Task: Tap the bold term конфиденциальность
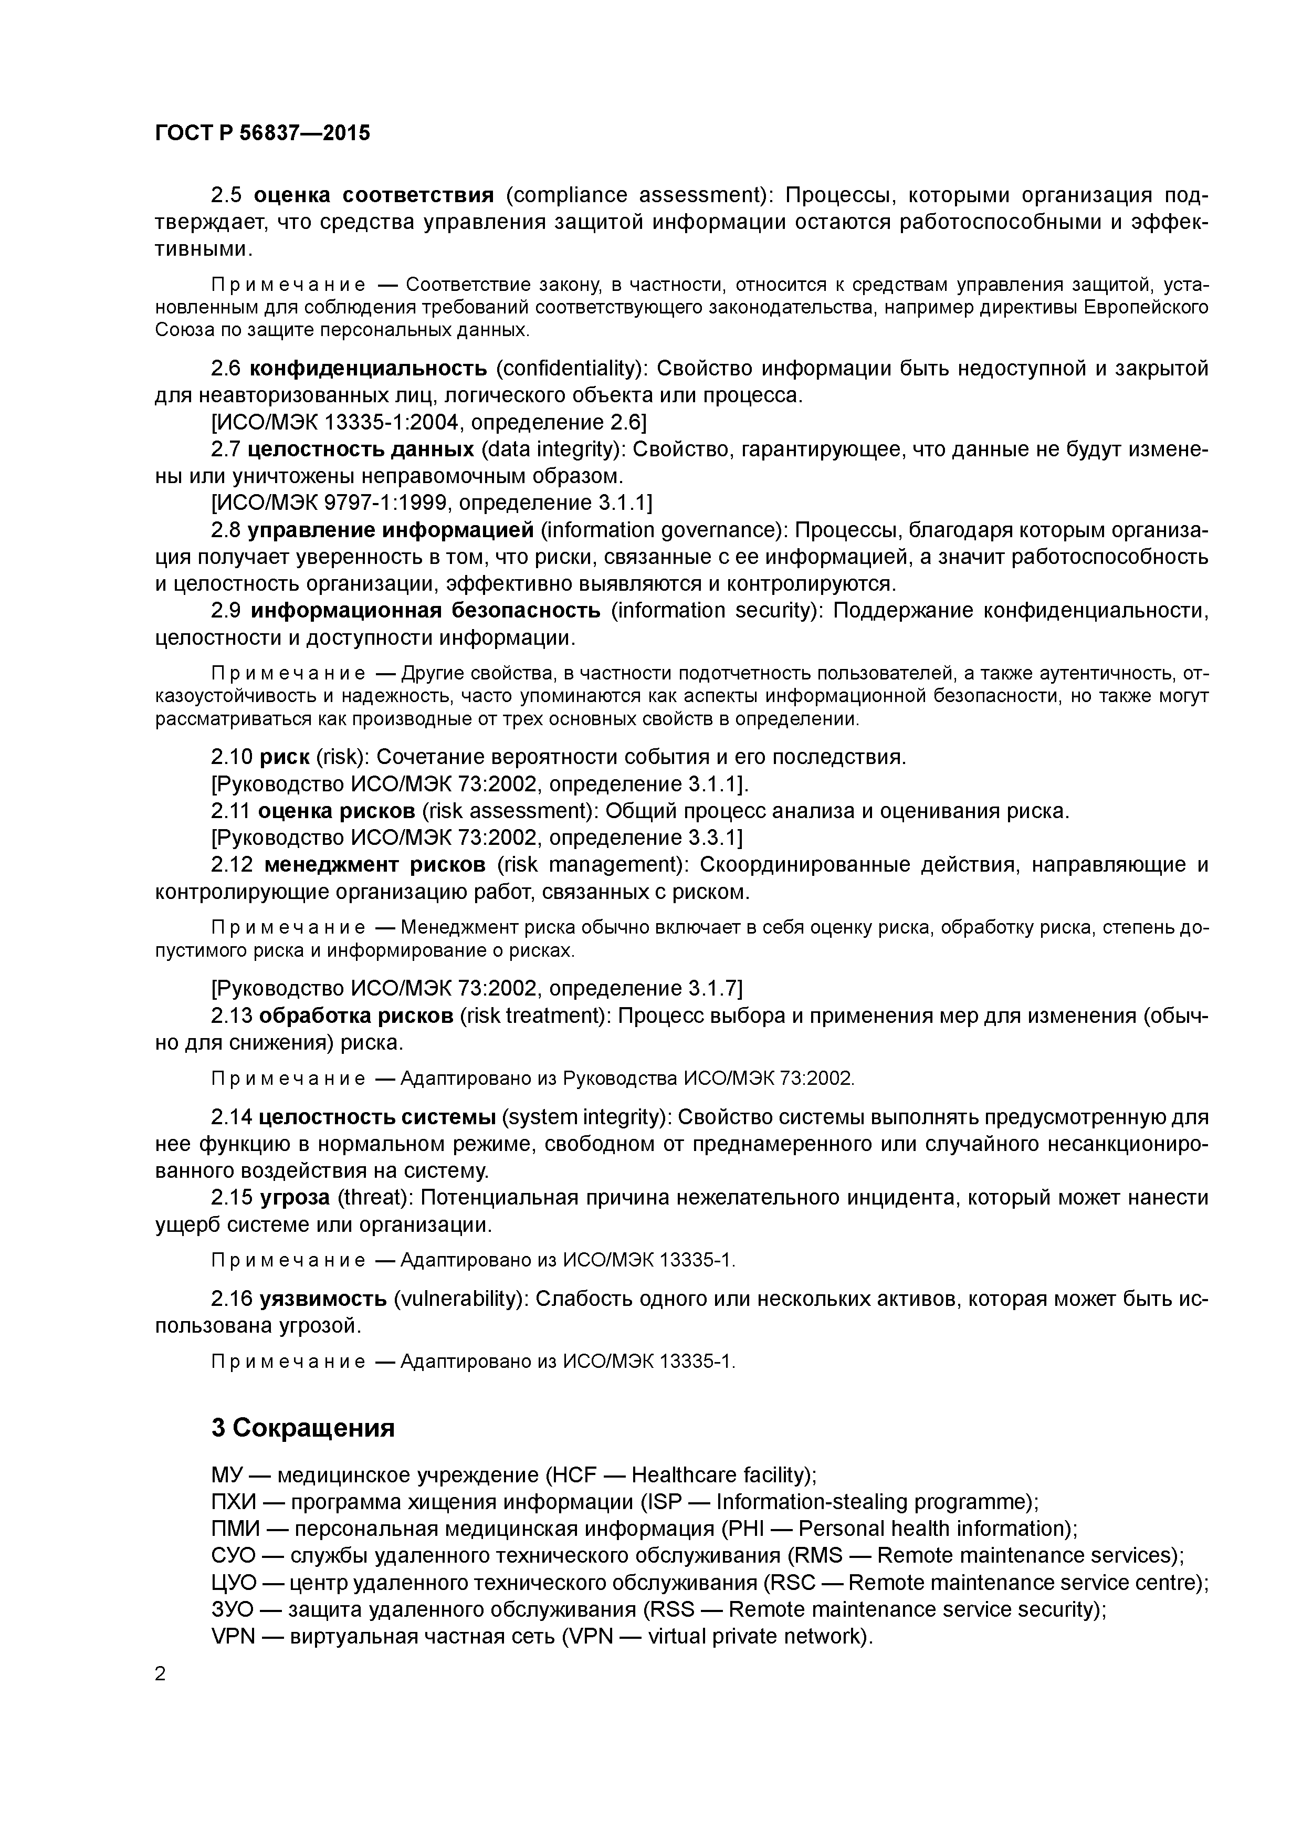(x=368, y=368)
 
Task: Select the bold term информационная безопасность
(x=425, y=611)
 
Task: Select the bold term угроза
(x=295, y=1198)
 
